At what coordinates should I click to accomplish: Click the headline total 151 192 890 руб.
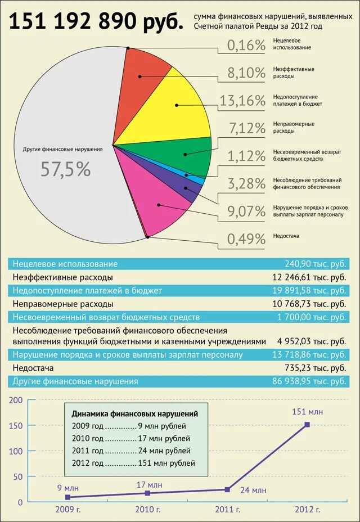click(x=96, y=22)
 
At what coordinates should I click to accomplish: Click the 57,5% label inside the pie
click(x=65, y=169)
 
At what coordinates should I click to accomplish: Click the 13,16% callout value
click(x=242, y=101)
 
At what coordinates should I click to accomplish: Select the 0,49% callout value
click(x=246, y=239)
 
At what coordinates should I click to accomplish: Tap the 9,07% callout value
click(x=246, y=211)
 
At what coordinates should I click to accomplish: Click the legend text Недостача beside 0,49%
click(x=287, y=236)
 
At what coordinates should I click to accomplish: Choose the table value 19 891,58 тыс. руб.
click(x=308, y=290)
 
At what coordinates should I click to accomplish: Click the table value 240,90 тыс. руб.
click(x=315, y=264)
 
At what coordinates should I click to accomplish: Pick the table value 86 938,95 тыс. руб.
click(x=308, y=381)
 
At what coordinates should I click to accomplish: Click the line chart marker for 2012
click(x=307, y=425)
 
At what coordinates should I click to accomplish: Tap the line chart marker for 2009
click(x=67, y=497)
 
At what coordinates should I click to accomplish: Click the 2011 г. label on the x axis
click(x=227, y=510)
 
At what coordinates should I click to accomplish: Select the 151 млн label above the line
click(x=307, y=412)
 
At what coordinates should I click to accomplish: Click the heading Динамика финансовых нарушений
click(x=135, y=413)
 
